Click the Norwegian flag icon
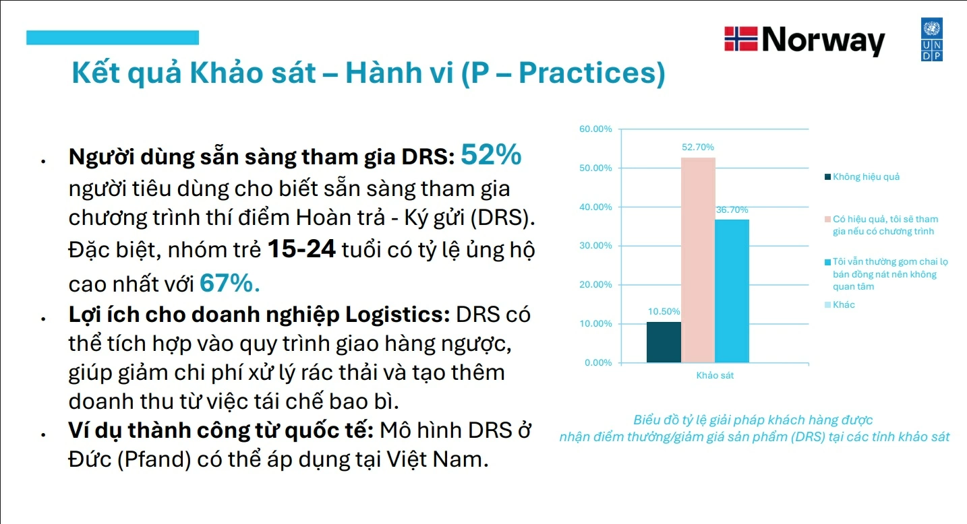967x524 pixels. [x=741, y=39]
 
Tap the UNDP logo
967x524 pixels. [x=932, y=39]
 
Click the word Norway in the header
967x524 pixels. [x=823, y=40]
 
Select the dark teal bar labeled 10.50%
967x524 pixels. [x=664, y=342]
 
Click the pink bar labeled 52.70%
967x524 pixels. [x=698, y=260]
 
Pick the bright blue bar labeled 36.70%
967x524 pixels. [x=732, y=291]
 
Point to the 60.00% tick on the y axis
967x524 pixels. [x=595, y=129]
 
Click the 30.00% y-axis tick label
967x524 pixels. [x=595, y=245]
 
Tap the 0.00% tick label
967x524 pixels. [x=598, y=363]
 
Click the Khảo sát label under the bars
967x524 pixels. [x=715, y=375]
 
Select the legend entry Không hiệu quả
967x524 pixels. [x=862, y=177]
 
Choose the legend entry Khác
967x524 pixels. [x=840, y=305]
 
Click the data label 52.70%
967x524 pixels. [x=698, y=147]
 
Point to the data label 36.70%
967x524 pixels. [x=732, y=209]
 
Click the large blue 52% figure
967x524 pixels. [x=492, y=154]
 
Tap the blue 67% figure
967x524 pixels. [x=230, y=283]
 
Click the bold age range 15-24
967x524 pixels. [x=301, y=249]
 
